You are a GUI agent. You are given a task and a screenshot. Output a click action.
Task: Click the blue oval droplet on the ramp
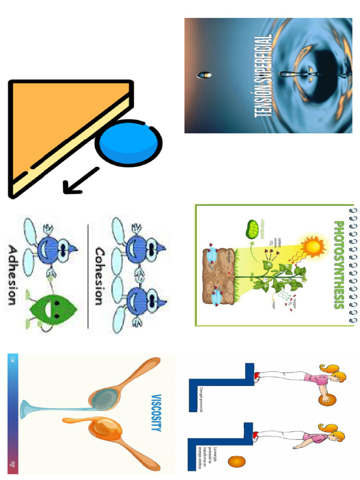128,143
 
